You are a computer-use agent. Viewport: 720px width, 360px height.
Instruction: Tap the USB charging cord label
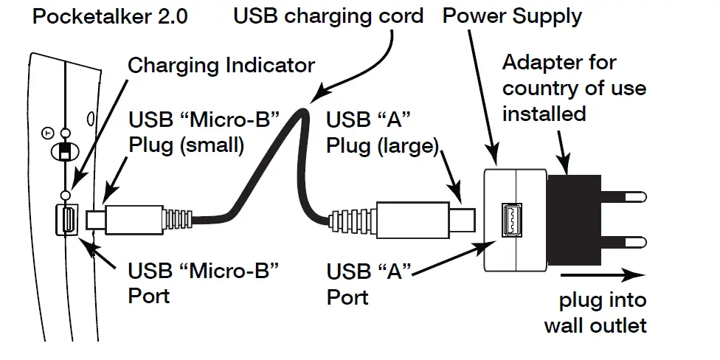pyautogui.click(x=328, y=16)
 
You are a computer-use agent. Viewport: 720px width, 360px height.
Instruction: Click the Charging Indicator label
pyautogui.click(x=221, y=65)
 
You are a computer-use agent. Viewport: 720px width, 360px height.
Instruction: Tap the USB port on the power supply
pyautogui.click(x=510, y=219)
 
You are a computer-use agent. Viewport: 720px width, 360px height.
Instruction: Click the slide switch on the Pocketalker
pyautogui.click(x=65, y=151)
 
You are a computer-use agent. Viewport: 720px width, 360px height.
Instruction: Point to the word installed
pyautogui.click(x=544, y=114)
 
